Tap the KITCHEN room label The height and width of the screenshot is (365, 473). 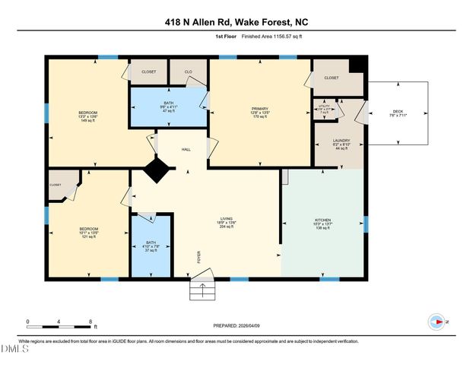tap(322, 221)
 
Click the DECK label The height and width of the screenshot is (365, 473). tap(398, 113)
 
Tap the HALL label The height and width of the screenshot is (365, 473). tap(185, 149)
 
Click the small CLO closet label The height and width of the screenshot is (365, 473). tap(187, 71)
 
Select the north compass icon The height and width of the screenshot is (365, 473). tap(437, 322)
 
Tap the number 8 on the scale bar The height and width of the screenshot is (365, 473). tap(90, 321)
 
